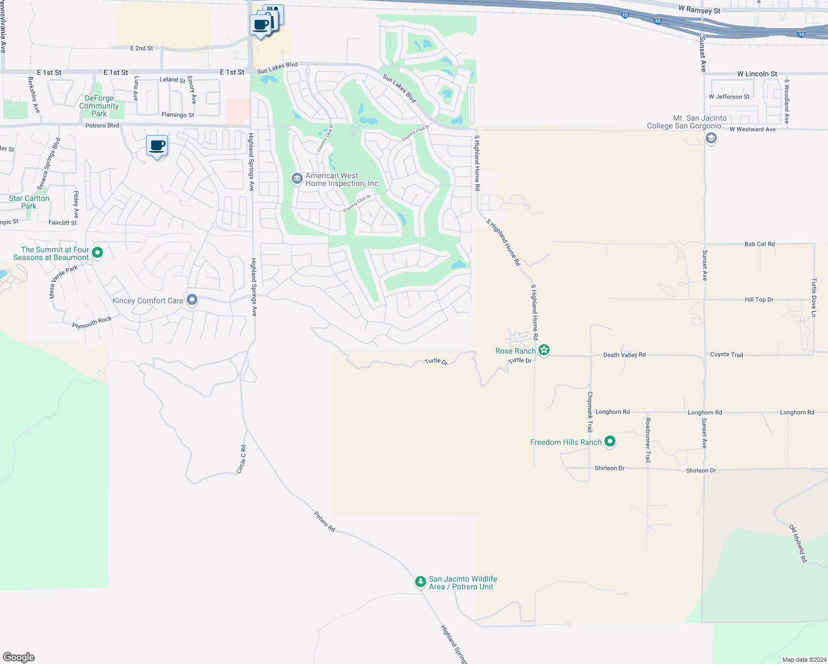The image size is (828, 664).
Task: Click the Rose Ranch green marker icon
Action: (544, 350)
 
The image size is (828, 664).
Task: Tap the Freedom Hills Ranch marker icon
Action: (610, 441)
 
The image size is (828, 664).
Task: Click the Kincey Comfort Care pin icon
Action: (192, 299)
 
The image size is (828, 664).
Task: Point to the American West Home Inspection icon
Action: (297, 178)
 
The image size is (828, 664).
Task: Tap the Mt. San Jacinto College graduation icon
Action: (711, 138)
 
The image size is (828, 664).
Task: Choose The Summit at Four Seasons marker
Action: (97, 253)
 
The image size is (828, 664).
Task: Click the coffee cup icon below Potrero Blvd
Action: (157, 146)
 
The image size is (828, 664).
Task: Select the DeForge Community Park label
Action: (99, 106)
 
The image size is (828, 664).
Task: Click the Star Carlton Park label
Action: (29, 202)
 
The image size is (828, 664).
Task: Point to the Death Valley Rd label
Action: (624, 355)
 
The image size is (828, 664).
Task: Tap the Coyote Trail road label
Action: (726, 354)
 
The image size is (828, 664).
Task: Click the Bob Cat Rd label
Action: (759, 243)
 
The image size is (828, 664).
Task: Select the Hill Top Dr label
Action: (759, 299)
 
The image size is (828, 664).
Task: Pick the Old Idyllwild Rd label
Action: (798, 543)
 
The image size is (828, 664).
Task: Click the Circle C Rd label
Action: (241, 459)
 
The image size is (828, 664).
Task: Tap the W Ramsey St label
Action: (700, 10)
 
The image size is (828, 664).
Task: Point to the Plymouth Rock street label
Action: (92, 322)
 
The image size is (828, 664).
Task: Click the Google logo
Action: (19, 657)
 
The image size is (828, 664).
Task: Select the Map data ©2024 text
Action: (804, 660)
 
